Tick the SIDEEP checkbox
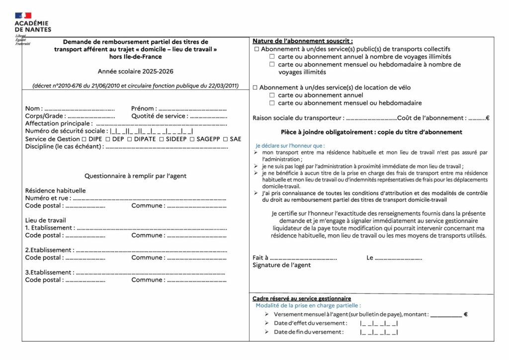coord(162,139)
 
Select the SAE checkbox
coord(226,139)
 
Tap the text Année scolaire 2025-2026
coord(136,72)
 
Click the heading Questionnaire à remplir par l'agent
coord(135,176)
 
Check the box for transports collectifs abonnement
coord(256,50)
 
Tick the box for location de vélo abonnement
coord(255,88)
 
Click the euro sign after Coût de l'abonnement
coord(488,118)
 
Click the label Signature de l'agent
coord(282,265)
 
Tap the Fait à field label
coord(260,258)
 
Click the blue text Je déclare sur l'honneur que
coord(290,146)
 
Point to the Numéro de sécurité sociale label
coord(66,131)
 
